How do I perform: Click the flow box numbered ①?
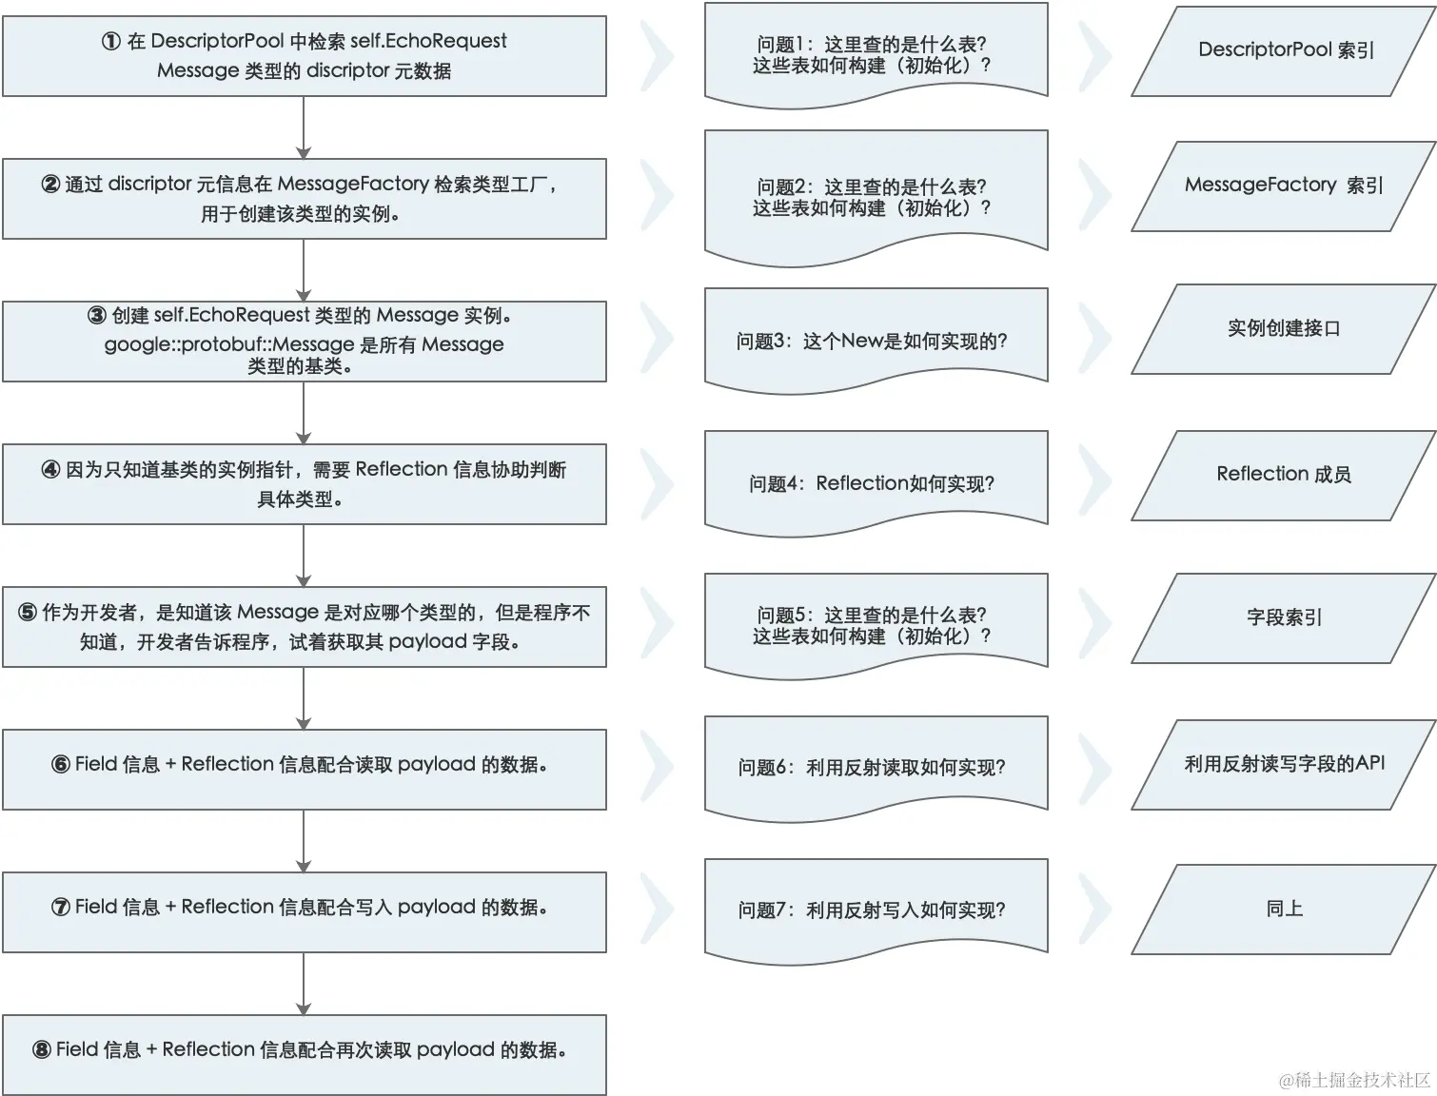tap(304, 56)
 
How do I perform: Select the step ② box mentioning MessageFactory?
tap(304, 199)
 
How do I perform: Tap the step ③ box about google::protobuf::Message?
tap(304, 342)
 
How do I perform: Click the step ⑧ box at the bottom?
tap(304, 1054)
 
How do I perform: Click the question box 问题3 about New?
tap(876, 340)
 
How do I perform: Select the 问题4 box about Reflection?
tap(876, 482)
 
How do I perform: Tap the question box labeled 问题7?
tap(876, 909)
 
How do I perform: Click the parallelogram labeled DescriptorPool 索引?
tap(1284, 50)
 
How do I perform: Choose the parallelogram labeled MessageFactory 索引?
tap(1284, 186)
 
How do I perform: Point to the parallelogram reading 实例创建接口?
tap(1284, 328)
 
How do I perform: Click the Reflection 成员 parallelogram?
tap(1284, 474)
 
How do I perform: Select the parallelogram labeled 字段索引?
tap(1284, 617)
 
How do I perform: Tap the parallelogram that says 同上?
tap(1284, 909)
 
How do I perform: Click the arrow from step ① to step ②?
tap(304, 127)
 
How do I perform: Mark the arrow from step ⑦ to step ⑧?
tap(304, 984)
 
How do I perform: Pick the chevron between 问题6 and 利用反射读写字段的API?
tap(1094, 766)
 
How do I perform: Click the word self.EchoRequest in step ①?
tap(428, 41)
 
